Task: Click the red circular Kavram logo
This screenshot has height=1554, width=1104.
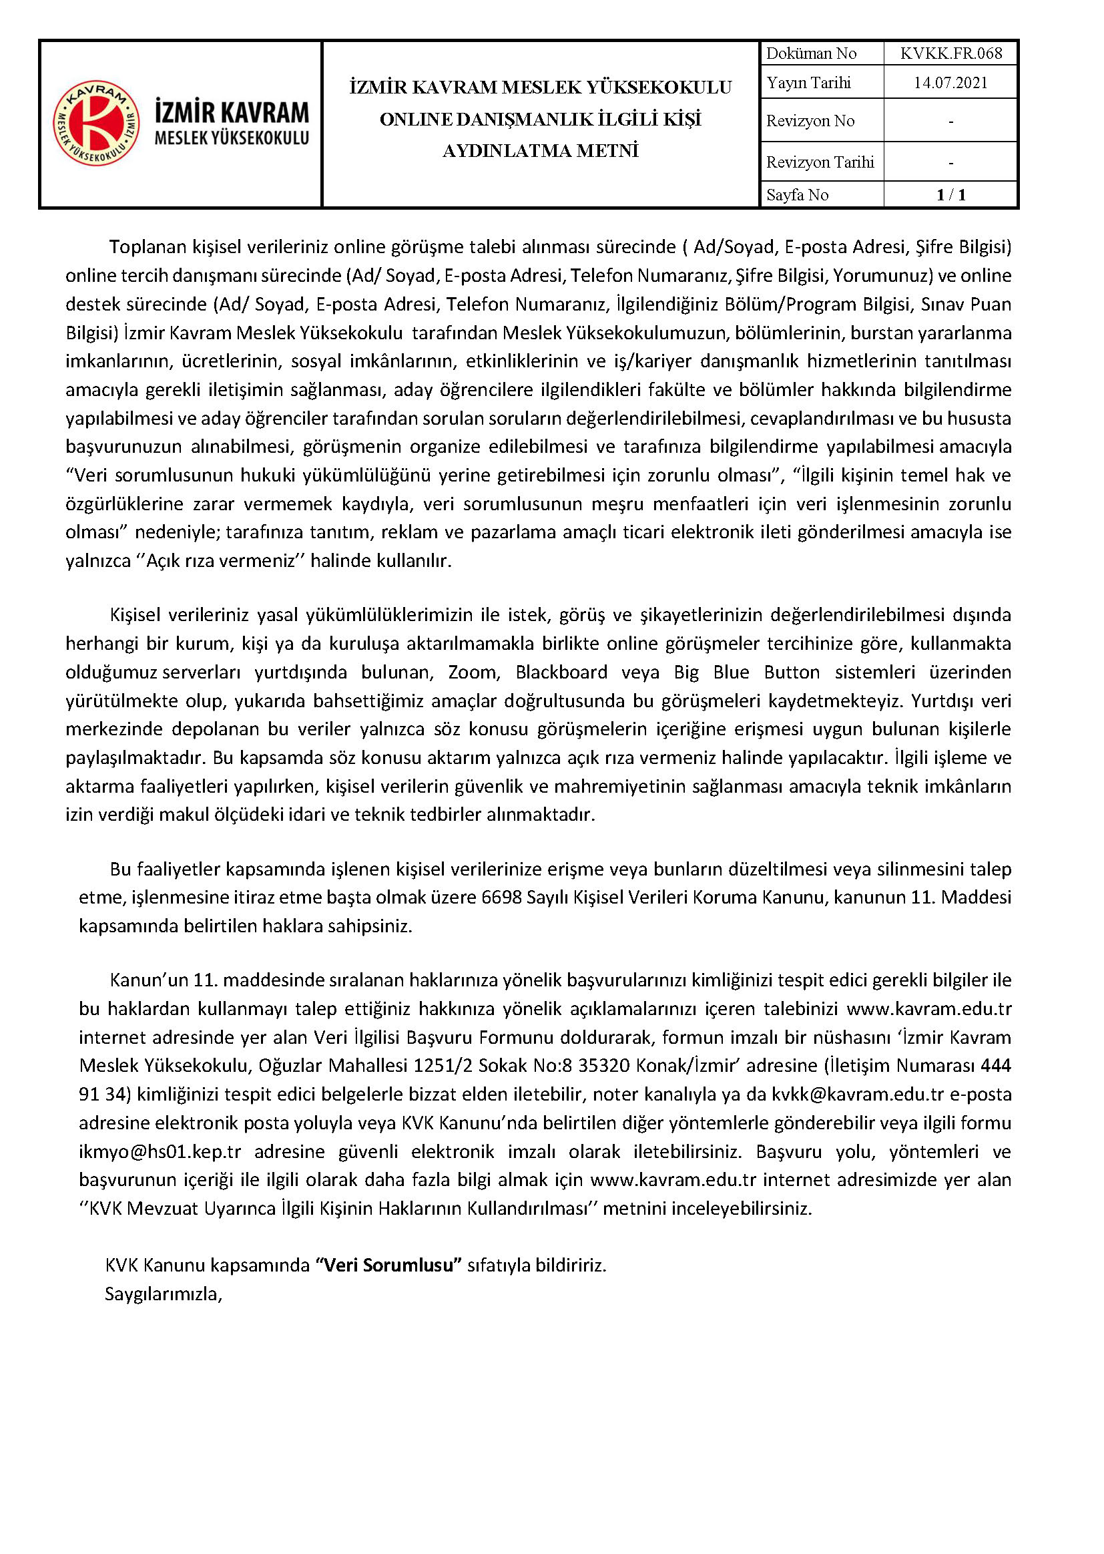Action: coord(97,123)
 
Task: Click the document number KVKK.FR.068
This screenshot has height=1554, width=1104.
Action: coord(950,53)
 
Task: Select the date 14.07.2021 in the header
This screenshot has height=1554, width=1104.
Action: coord(950,83)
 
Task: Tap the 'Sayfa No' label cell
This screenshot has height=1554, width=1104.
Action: coord(798,195)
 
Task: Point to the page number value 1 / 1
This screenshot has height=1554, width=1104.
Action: coord(950,195)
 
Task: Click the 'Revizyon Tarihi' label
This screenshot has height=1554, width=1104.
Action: coord(820,162)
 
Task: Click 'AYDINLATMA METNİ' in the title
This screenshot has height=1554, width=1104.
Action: coord(541,151)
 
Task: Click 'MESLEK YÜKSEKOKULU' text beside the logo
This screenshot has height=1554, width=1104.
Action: coord(232,138)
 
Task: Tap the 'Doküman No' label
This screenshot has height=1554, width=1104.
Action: coord(811,53)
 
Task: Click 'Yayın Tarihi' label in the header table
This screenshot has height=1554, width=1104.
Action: coord(808,83)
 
